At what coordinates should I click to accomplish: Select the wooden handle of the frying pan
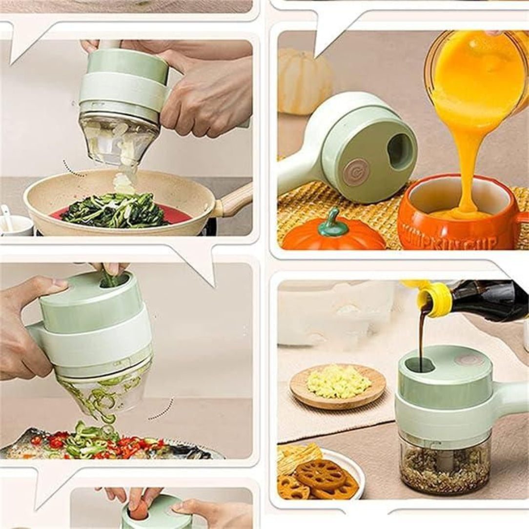pyautogui.click(x=234, y=200)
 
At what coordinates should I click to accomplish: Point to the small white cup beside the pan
pyautogui.click(x=15, y=224)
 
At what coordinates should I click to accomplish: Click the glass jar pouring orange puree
pyautogui.click(x=476, y=63)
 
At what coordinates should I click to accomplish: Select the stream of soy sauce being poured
pyautogui.click(x=422, y=337)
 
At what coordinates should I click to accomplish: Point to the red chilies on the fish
pyautogui.click(x=122, y=447)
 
